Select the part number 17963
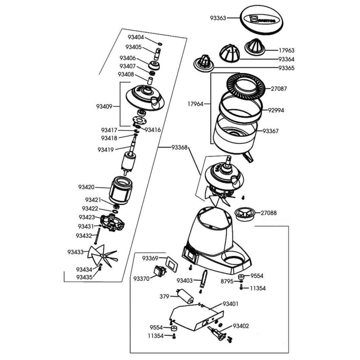(x=287, y=51)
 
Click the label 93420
(x=86, y=187)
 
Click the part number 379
(x=165, y=297)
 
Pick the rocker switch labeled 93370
(x=159, y=271)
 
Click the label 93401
(x=230, y=304)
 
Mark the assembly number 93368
(x=179, y=147)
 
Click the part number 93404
(x=135, y=37)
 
